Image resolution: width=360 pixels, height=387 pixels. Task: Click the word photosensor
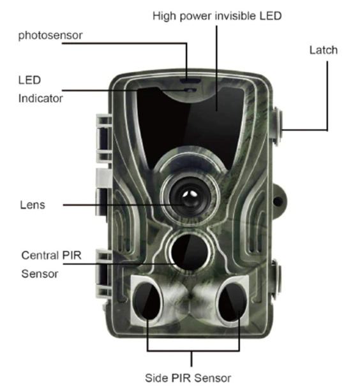50,35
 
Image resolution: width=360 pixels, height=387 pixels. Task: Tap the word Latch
324,50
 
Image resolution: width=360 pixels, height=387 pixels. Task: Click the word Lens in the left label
33,205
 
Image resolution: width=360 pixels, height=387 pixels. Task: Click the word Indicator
40,98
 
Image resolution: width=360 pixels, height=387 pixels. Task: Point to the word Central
40,255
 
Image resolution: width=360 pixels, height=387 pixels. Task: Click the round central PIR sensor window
190,251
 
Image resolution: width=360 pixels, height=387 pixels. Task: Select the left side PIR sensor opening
147,302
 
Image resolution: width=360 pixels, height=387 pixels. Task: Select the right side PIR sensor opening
232,302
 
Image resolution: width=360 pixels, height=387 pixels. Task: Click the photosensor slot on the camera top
190,81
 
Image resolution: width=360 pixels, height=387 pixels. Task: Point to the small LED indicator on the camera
190,90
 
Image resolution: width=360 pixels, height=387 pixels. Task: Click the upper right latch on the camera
278,126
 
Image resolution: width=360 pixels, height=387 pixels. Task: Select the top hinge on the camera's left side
104,138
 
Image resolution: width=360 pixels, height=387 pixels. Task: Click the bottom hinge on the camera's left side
103,273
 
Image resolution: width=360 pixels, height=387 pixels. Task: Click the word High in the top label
164,17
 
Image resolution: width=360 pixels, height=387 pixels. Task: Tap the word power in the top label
195,17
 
